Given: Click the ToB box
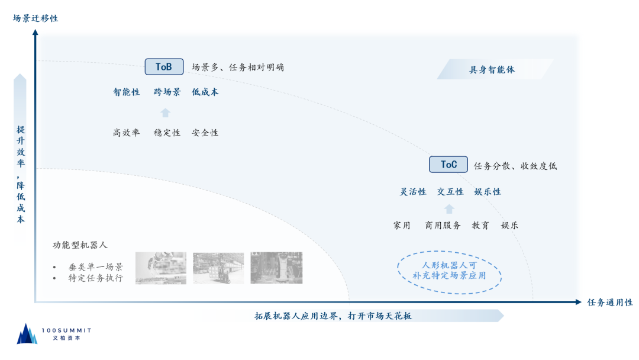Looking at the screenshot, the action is click(164, 67).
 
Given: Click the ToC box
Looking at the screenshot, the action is click(448, 165).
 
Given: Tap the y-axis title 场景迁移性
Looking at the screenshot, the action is click(35, 18).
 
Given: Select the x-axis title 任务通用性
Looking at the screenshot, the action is click(609, 302).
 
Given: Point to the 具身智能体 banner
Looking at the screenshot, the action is click(493, 69).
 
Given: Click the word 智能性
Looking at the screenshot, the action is click(127, 92).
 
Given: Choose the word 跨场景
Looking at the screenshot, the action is click(167, 92).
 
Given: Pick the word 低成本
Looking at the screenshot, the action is click(205, 92).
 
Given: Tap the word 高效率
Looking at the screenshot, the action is click(127, 133).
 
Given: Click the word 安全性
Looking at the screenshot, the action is click(205, 133).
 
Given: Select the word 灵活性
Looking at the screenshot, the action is click(413, 192).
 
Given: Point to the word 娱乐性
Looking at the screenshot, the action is click(488, 192).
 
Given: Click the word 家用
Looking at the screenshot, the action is click(402, 226).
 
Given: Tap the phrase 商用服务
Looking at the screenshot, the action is click(443, 226).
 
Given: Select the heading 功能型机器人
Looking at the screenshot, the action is click(80, 245).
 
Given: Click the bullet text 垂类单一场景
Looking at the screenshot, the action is click(95, 266).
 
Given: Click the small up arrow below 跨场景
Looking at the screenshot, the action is click(166, 112).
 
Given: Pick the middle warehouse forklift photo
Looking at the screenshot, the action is click(218, 268).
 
